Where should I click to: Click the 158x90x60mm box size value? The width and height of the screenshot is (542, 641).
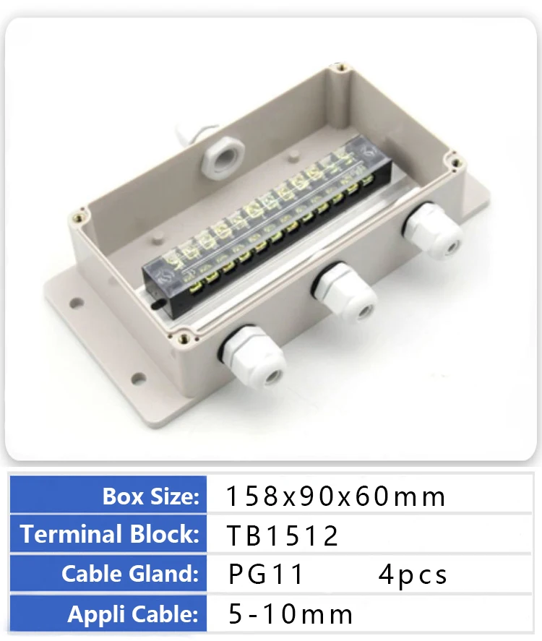pyautogui.click(x=336, y=496)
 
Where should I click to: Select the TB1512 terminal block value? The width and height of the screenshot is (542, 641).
pyautogui.click(x=283, y=535)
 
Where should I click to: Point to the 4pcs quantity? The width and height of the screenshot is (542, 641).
pyautogui.click(x=413, y=575)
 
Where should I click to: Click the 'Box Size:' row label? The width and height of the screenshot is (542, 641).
pyautogui.click(x=150, y=496)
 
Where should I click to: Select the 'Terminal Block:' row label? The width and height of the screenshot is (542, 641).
pyautogui.click(x=110, y=535)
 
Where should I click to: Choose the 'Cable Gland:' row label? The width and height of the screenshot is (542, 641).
pyautogui.click(x=130, y=574)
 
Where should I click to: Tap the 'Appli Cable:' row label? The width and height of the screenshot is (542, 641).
pyautogui.click(x=133, y=614)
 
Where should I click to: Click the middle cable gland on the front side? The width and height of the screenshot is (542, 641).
pyautogui.click(x=345, y=293)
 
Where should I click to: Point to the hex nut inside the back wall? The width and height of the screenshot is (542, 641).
pyautogui.click(x=218, y=150)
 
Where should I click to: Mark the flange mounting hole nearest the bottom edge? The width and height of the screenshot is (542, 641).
pyautogui.click(x=137, y=378)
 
